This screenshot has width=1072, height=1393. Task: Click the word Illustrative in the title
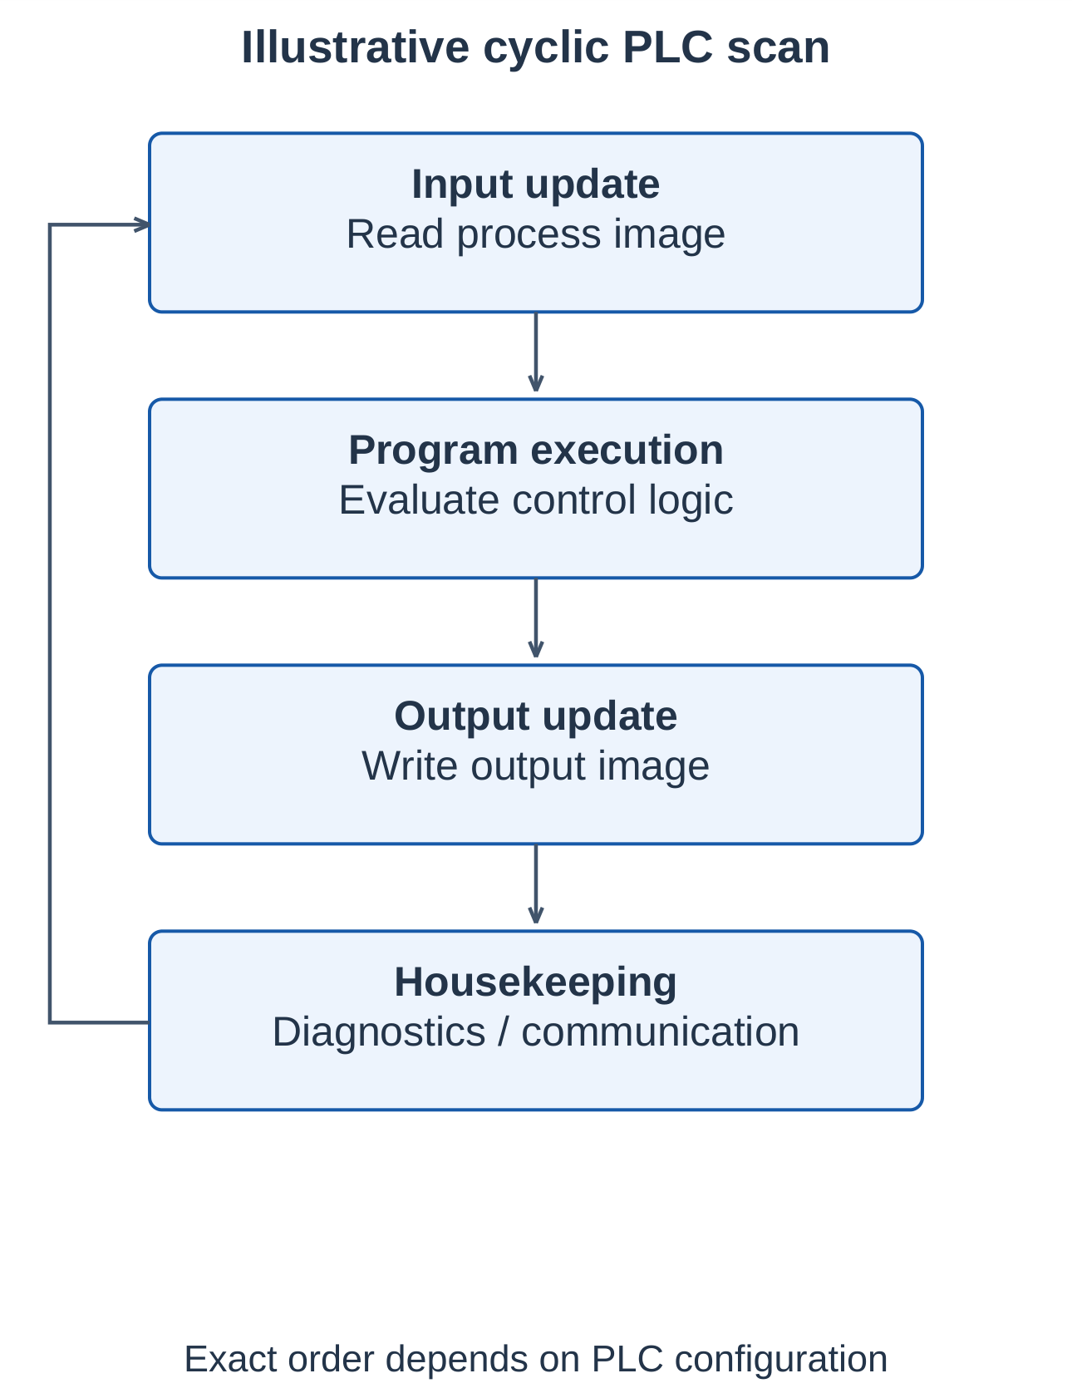(356, 47)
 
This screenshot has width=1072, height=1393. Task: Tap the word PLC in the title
(667, 47)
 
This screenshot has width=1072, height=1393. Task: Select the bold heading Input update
(536, 184)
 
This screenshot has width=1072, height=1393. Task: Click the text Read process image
(536, 234)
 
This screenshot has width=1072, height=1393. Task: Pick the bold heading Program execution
(536, 450)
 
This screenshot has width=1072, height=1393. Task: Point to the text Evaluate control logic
(536, 500)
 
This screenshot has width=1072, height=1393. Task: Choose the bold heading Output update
(536, 716)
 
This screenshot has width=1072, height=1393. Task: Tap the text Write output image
(536, 766)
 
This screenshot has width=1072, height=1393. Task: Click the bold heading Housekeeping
(536, 982)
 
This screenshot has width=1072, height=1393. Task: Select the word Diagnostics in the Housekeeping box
(379, 1032)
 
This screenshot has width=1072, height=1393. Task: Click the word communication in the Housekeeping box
(661, 1032)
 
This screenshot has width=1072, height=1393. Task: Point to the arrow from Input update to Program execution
(536, 352)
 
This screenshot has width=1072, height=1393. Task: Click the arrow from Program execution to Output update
(536, 618)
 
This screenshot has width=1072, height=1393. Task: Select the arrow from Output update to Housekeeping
(536, 884)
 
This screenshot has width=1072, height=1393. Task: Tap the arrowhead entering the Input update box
(142, 224)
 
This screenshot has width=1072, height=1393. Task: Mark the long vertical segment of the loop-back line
(50, 623)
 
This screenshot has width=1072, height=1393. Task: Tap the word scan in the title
(779, 47)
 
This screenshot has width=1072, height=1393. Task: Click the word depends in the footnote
(458, 1360)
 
